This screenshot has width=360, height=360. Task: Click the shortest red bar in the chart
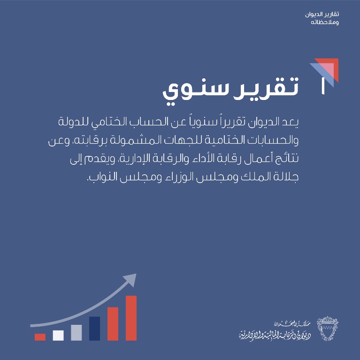(x=40, y=337)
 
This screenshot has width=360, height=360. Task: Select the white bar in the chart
(x=58, y=336)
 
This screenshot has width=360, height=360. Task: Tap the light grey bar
(x=76, y=332)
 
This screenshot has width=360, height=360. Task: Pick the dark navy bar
(x=94, y=329)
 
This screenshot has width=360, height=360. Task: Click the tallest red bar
(x=131, y=318)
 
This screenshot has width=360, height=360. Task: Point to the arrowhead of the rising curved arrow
(x=131, y=279)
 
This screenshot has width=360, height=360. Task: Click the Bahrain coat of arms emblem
(x=328, y=328)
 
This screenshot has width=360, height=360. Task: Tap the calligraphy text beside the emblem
(x=275, y=331)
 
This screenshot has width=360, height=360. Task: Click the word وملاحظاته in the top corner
(x=325, y=22)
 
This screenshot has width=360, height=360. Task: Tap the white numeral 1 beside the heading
(x=323, y=86)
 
